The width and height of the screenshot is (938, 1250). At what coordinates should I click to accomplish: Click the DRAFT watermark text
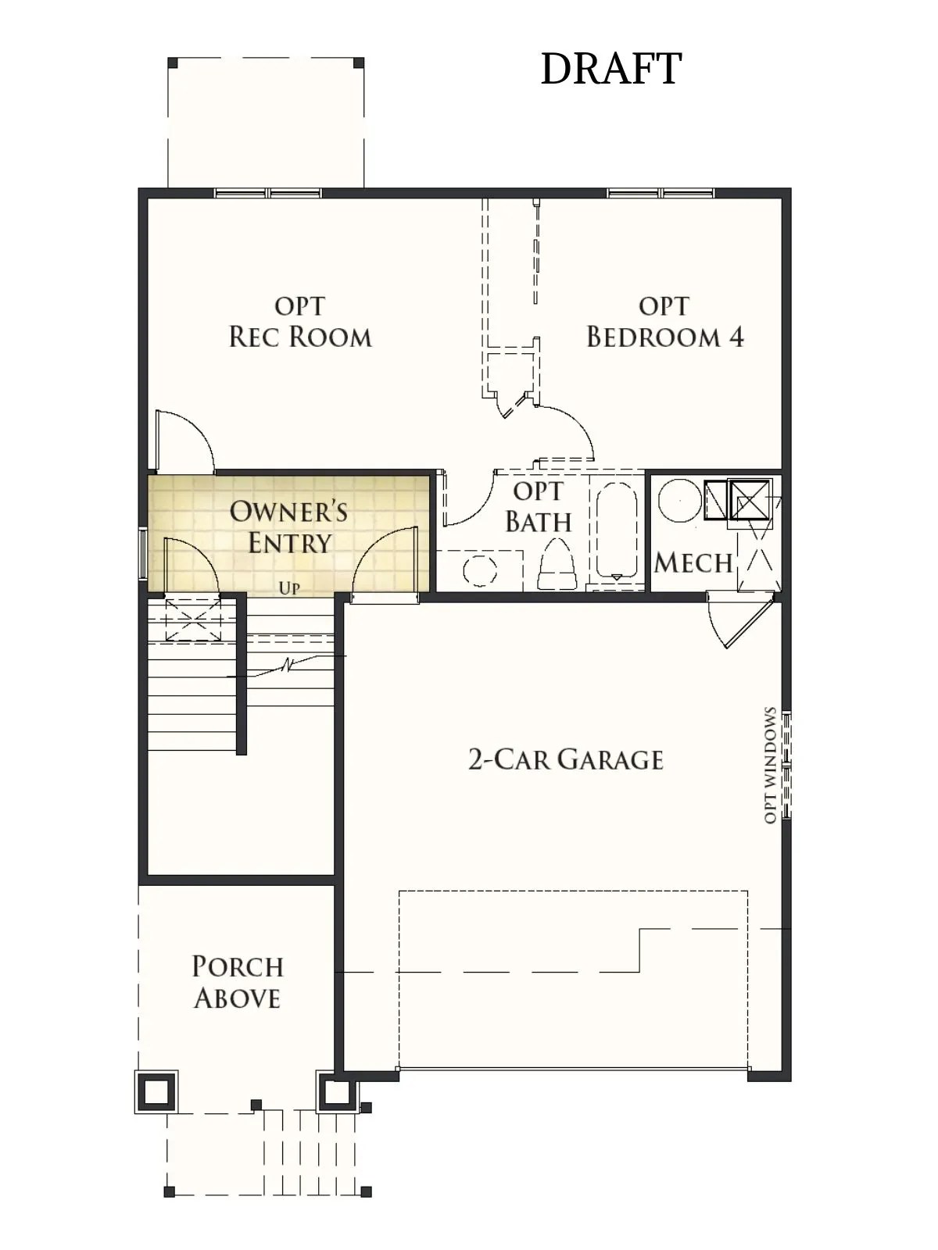click(610, 69)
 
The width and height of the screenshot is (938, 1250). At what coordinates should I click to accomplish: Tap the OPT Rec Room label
click(300, 322)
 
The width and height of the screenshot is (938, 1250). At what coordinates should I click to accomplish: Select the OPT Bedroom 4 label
click(664, 322)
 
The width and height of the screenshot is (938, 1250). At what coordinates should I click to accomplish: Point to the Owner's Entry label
click(288, 527)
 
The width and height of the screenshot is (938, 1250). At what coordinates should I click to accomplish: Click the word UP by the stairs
click(289, 588)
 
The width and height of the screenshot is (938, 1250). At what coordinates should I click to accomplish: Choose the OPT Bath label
click(538, 507)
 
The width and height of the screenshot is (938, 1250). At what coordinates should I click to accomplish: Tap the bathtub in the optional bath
click(617, 531)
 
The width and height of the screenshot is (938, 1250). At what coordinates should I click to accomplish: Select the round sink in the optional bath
click(480, 570)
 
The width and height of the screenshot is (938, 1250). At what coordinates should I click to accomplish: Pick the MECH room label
click(693, 562)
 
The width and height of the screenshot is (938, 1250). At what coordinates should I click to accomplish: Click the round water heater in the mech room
click(679, 500)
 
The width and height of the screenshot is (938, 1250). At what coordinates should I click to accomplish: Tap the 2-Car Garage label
click(565, 759)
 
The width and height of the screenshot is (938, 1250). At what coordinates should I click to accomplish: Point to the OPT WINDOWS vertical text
click(770, 766)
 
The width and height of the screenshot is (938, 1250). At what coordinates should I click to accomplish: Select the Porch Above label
click(237, 982)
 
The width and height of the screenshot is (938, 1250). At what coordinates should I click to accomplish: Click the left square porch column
click(156, 1091)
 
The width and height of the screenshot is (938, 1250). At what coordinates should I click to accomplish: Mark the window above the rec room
click(268, 193)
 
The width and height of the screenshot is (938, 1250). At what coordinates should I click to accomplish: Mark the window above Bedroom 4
click(661, 193)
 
